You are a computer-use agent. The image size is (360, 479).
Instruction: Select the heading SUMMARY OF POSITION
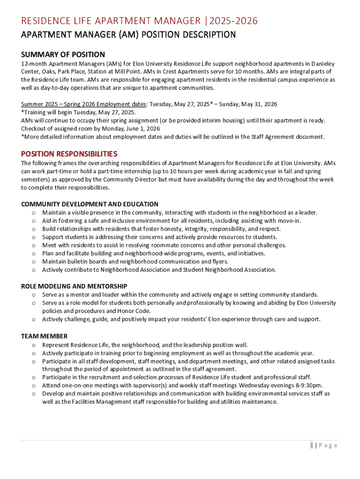coord(63,55)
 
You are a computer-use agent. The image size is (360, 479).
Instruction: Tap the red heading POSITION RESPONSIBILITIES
coord(69,153)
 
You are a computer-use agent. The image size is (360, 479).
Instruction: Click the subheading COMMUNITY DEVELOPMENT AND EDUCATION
coord(90,204)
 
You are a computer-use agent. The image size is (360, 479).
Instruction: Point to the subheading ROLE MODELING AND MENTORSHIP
coord(74,286)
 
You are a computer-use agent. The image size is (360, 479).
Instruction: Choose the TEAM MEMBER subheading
coord(44,336)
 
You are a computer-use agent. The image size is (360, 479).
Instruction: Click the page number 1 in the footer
coord(311,445)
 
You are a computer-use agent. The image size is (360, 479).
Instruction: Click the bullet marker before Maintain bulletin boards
coord(34,261)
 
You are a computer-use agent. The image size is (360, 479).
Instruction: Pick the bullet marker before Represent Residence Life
coord(34,345)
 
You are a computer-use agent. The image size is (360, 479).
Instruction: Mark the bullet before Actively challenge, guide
coord(34,319)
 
